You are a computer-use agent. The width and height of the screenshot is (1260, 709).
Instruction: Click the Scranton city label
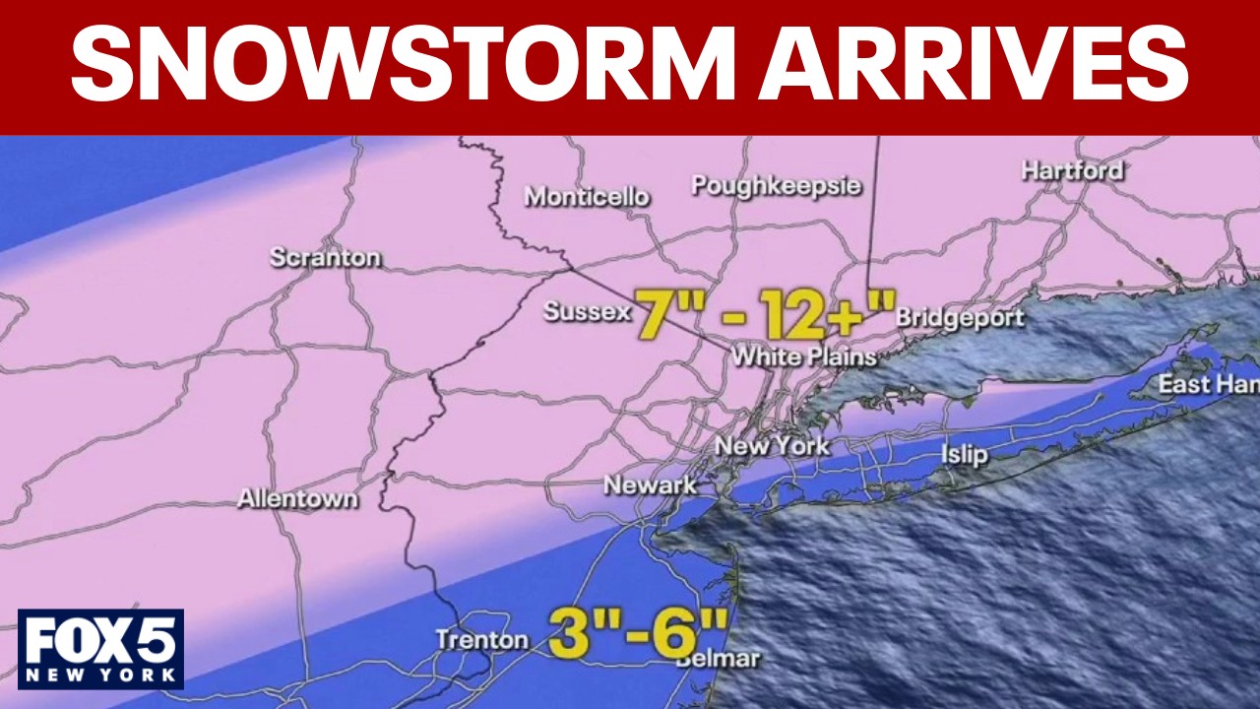click(325, 258)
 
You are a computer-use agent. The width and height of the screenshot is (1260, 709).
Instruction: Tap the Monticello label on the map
click(587, 197)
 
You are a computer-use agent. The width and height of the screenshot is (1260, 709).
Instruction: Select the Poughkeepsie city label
click(777, 186)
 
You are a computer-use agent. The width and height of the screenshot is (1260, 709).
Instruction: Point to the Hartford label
click(1072, 170)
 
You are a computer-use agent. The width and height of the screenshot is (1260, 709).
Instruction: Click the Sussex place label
click(587, 312)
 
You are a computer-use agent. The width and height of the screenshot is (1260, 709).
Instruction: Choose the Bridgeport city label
click(960, 318)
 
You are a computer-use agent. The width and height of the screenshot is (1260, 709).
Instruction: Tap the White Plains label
click(803, 356)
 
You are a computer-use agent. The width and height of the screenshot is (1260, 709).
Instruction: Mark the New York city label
click(772, 445)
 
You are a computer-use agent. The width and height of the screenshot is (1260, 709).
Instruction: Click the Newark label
click(650, 484)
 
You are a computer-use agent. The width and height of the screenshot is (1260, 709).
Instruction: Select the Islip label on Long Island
click(964, 454)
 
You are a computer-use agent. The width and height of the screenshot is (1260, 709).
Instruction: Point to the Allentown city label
click(297, 499)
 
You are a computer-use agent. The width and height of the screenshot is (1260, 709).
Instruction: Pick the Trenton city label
click(481, 640)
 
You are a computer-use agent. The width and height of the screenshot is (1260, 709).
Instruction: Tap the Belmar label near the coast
click(719, 658)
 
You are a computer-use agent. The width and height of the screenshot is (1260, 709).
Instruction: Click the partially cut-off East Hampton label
click(1208, 384)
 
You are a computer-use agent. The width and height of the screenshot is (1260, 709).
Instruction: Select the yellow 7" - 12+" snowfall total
click(764, 314)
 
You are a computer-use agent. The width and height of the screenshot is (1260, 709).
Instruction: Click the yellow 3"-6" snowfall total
click(638, 631)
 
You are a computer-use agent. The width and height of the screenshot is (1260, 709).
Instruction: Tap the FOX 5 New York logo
click(100, 648)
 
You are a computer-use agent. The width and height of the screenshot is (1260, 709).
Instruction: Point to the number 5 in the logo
click(158, 640)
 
